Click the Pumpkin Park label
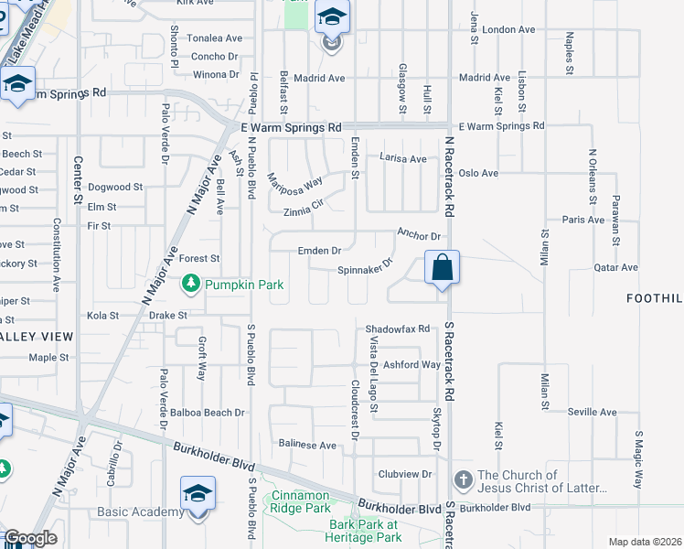point(244,285)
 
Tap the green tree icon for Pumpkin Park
point(191,285)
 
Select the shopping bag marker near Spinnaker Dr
point(442,268)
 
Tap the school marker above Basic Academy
point(198,495)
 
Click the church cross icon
point(463,480)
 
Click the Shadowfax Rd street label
point(397,328)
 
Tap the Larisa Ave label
point(403,158)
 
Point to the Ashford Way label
point(411,364)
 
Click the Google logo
point(30,538)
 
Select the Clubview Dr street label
point(404,474)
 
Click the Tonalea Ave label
point(214,38)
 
